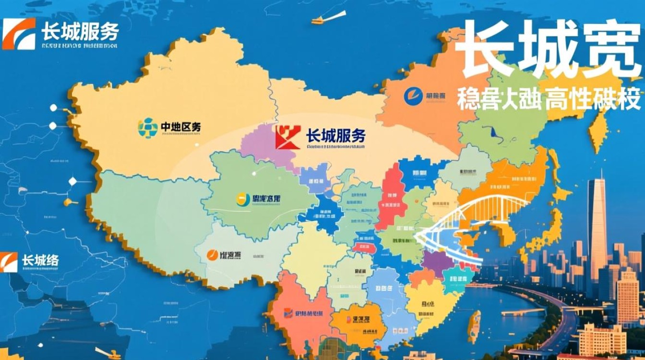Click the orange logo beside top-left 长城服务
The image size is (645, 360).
click(19, 34)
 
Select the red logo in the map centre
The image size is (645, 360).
click(288, 137)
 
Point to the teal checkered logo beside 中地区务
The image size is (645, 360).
click(148, 128)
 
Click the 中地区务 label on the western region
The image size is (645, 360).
click(181, 127)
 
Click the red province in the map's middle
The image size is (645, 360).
click(391, 197)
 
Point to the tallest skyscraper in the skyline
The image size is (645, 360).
click(597, 226)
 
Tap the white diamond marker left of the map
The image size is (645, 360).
click(73, 181)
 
